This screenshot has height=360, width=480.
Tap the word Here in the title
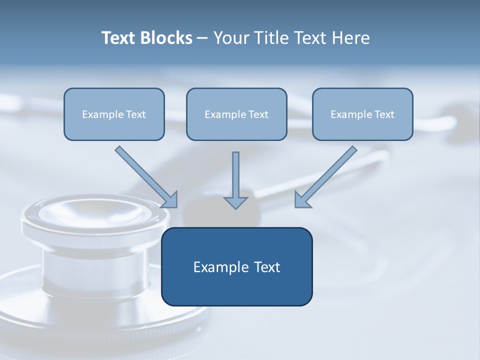tap(352, 38)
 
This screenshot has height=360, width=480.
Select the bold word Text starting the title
tap(120, 38)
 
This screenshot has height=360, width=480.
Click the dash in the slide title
tap(202, 38)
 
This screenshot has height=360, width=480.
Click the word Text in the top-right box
tap(384, 114)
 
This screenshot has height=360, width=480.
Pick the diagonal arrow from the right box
tap(327, 175)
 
